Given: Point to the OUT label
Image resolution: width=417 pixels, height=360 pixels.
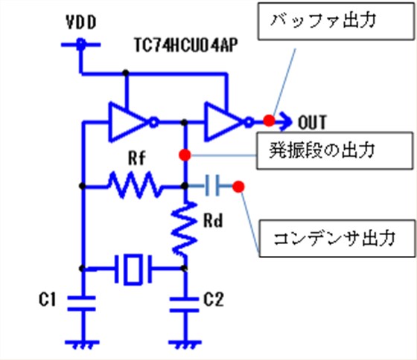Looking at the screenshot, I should point(312,120).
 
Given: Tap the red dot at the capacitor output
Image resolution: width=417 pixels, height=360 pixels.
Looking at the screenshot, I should point(238,186).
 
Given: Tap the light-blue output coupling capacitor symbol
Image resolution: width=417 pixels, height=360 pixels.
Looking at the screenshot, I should point(210,186).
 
